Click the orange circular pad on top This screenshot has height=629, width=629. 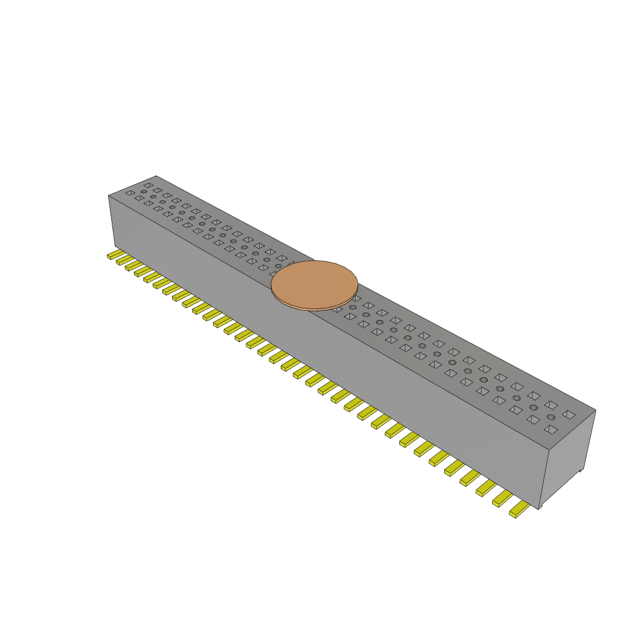[x=314, y=283]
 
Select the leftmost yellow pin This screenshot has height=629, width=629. [x=114, y=254]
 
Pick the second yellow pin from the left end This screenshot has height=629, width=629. [x=123, y=259]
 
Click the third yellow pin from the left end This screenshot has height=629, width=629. [x=132, y=265]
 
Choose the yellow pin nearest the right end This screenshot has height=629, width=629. [x=519, y=509]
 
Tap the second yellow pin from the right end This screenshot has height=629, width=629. [x=502, y=499]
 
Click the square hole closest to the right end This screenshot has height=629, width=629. [x=569, y=415]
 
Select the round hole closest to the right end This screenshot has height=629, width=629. [x=551, y=418]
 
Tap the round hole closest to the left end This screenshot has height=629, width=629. [x=144, y=192]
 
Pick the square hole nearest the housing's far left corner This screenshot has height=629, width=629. [x=148, y=184]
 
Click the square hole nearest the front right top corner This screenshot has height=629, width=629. [x=551, y=430]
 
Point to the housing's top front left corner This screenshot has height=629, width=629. [x=109, y=195]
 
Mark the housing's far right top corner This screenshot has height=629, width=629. [x=595, y=410]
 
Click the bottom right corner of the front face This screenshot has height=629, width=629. [x=539, y=509]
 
